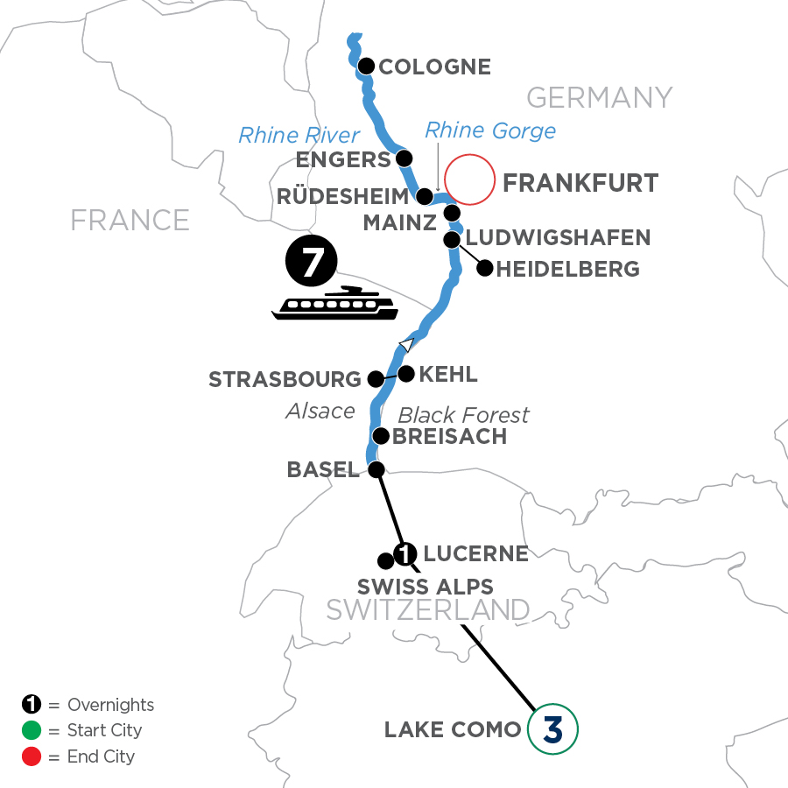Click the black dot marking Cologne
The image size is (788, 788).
pyautogui.click(x=366, y=66)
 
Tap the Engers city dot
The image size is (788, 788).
pyautogui.click(x=405, y=158)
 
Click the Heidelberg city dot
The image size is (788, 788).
pyautogui.click(x=483, y=269)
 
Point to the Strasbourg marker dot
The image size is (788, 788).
pyautogui.click(x=375, y=379)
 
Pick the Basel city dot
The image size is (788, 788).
pyautogui.click(x=376, y=469)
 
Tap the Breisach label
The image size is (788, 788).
pyautogui.click(x=450, y=436)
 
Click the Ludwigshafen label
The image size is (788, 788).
pyautogui.click(x=559, y=237)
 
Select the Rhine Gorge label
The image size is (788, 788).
pyautogui.click(x=489, y=130)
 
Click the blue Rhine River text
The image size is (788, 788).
pyautogui.click(x=299, y=135)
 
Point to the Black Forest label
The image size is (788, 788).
pyautogui.click(x=464, y=414)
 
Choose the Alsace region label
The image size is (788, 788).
pyautogui.click(x=320, y=411)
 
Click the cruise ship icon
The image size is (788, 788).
pyautogui.click(x=334, y=304)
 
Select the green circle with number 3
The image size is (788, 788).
pyautogui.click(x=552, y=729)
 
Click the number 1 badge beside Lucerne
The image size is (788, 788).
pyautogui.click(x=405, y=553)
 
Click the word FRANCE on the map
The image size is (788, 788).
pyautogui.click(x=130, y=220)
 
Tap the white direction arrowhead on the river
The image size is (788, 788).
pyautogui.click(x=405, y=343)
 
